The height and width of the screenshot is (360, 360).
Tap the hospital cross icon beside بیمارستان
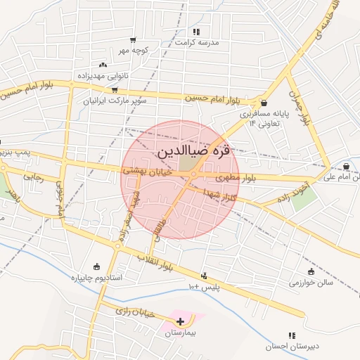tap(181, 321)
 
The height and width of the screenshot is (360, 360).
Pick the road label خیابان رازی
tap(134, 310)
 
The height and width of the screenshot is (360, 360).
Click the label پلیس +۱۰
tap(204, 287)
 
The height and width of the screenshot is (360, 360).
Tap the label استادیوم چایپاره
tap(96, 278)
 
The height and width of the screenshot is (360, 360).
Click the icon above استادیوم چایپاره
tap(96, 267)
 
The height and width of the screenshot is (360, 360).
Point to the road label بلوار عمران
tap(301, 110)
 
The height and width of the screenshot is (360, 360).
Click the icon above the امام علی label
tap(347, 167)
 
